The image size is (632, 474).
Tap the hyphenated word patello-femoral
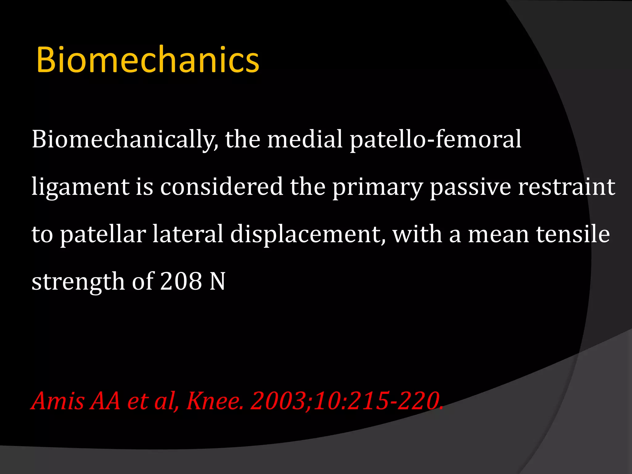(435, 139)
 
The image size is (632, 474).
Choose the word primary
(377, 187)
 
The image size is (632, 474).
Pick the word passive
(470, 187)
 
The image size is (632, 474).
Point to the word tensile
(573, 234)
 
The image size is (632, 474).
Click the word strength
(78, 282)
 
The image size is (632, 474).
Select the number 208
(181, 281)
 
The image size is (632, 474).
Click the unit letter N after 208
(217, 281)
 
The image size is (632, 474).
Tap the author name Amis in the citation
(58, 401)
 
